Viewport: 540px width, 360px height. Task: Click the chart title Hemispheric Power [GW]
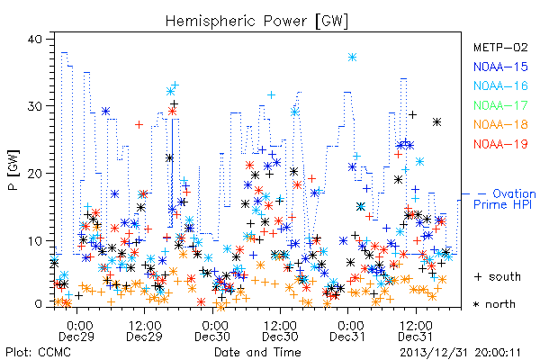(256, 21)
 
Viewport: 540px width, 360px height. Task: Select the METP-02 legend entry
(500, 47)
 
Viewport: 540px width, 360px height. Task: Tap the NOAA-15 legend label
(500, 67)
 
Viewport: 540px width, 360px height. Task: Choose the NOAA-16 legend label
(500, 85)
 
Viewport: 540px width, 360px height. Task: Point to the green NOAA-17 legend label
(500, 105)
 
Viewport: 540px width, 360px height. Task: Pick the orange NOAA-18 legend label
(500, 124)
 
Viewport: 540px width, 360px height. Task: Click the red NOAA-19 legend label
(500, 144)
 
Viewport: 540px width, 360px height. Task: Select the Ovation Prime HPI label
(505, 199)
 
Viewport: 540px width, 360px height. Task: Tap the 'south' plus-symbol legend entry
(498, 276)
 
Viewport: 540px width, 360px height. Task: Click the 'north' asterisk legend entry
(494, 304)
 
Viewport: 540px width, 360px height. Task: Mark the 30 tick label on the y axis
(35, 106)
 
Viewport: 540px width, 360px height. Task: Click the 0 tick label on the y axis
(39, 304)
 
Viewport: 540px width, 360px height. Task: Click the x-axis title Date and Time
(257, 352)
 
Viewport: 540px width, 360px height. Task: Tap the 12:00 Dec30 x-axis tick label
(280, 331)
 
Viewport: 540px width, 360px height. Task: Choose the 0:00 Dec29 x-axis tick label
(76, 331)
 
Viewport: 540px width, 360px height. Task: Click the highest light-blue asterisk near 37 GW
(352, 58)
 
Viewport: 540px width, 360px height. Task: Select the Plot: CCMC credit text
(38, 353)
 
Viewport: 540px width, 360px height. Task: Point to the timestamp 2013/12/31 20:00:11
(460, 353)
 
